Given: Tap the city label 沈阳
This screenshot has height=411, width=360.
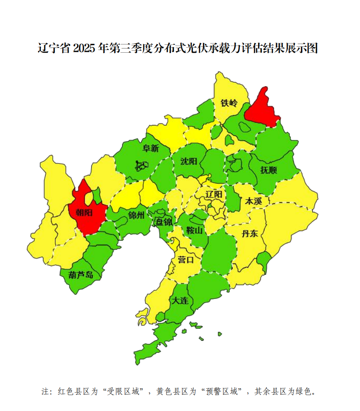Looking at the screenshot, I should [188, 161].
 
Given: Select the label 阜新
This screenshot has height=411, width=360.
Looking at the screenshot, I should [151, 148].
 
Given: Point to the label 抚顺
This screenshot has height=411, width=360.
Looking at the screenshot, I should [268, 170].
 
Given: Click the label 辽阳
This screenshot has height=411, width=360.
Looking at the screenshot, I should [214, 194].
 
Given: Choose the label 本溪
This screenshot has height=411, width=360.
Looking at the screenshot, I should [253, 201].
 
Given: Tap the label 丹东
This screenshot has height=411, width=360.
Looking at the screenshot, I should [249, 233].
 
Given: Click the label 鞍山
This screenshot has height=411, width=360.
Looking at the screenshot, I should [194, 230].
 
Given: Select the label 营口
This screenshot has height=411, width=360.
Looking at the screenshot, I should [185, 260].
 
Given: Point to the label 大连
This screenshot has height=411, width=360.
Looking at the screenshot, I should [180, 300].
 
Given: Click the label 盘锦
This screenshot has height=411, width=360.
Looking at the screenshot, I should [164, 222].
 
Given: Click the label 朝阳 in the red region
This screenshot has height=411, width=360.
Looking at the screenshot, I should [84, 212].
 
